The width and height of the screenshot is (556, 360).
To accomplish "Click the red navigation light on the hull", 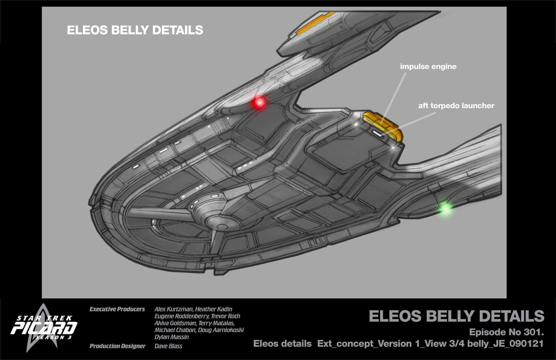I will pos(259,102).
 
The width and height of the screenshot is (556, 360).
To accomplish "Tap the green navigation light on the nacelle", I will pos(445,208).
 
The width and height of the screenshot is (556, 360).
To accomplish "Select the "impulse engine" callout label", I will pos(428,67).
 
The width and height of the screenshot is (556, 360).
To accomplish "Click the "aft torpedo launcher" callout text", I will pos(456,106).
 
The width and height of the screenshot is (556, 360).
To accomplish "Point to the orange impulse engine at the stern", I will pos(383,125).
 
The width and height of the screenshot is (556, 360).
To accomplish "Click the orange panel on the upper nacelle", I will pos(315,23).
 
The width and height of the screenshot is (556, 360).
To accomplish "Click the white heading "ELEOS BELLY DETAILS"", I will pos(135,30).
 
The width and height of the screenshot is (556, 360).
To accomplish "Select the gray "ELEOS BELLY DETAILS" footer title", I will pos(456,316).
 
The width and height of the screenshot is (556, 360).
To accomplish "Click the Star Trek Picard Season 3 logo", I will pos(43,329).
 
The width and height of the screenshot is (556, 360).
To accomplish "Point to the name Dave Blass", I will pos(168,346).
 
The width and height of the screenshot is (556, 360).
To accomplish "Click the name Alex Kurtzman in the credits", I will pos(174,309).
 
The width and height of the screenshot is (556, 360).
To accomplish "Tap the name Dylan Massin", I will pos(172,337).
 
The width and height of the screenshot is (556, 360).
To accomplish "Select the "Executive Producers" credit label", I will pos(117,309).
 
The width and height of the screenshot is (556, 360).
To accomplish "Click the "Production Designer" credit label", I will pos(117,346).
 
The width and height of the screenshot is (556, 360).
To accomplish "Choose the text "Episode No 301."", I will pos(506,332).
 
